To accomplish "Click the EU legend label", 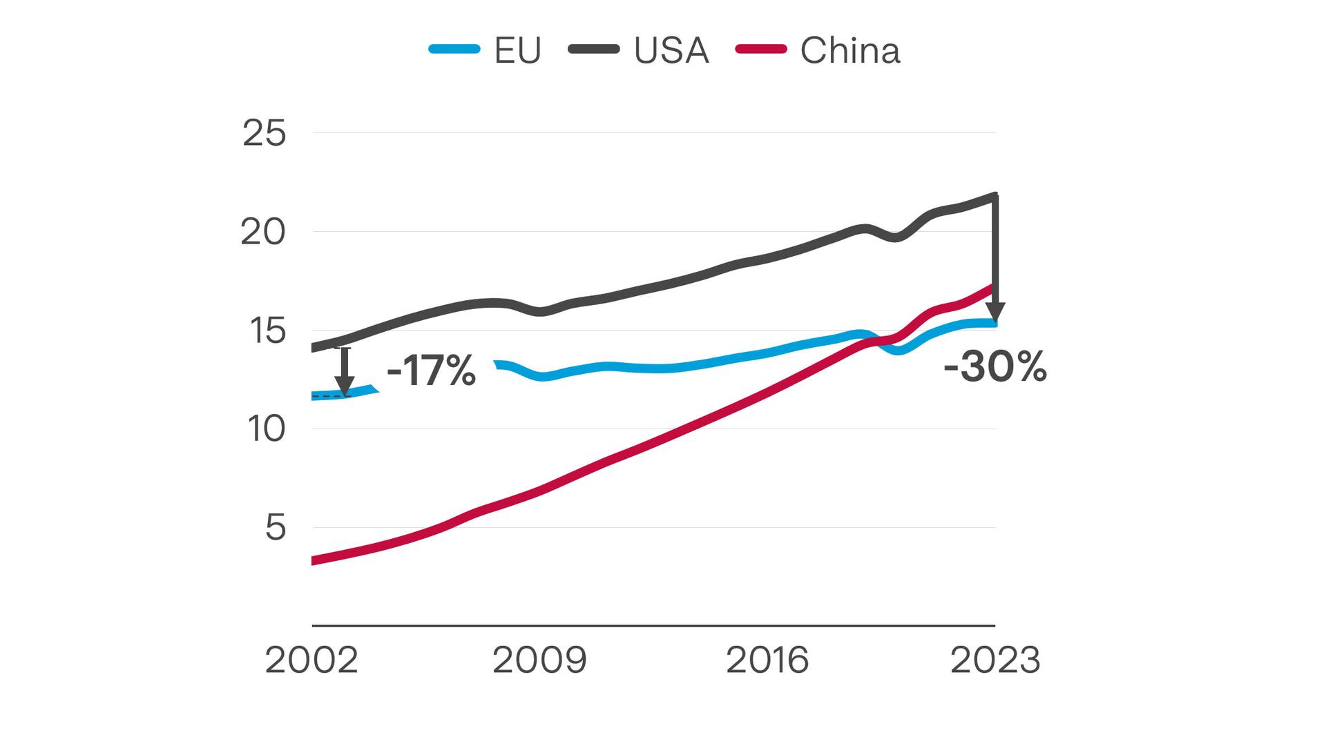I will (x=517, y=50).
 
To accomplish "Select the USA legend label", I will (x=671, y=50).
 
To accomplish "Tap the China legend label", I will (x=849, y=50).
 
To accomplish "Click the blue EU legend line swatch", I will (x=454, y=49).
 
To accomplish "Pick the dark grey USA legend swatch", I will (x=593, y=49).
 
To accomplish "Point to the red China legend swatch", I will (x=760, y=49).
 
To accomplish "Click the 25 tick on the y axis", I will (x=264, y=133).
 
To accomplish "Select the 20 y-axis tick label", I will (x=262, y=233).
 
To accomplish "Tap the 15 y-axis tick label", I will (x=267, y=331).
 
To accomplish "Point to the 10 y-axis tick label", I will (x=266, y=429).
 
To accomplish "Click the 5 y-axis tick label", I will (x=275, y=528).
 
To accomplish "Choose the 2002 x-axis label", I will (x=311, y=660).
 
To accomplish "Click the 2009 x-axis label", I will (x=539, y=660).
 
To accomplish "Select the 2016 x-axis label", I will (x=767, y=660).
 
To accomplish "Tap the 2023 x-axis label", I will (x=995, y=660).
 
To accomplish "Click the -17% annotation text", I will (x=432, y=371).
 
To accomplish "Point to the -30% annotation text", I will (x=995, y=366).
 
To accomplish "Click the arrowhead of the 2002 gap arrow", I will (x=344, y=387).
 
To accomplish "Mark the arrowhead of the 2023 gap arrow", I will (x=995, y=314).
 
